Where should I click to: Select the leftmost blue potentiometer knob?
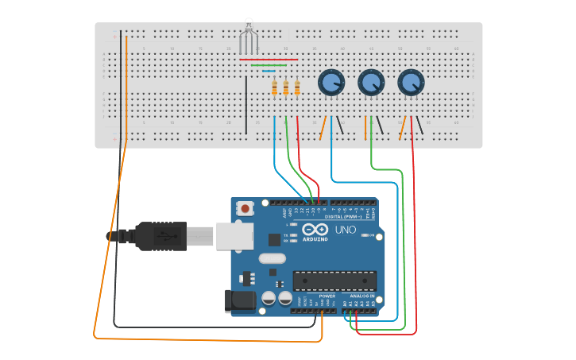click(331, 82)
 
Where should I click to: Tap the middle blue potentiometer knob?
click(371, 82)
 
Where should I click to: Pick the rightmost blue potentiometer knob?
click(410, 82)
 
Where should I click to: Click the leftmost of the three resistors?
click(275, 88)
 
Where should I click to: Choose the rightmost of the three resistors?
click(297, 88)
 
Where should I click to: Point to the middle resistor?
click(286, 88)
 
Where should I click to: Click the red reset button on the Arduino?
click(245, 209)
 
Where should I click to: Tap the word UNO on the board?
click(345, 230)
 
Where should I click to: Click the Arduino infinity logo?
click(315, 230)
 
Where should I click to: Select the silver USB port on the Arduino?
click(237, 236)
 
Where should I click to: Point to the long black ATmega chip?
click(334, 281)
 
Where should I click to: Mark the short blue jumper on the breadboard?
click(269, 71)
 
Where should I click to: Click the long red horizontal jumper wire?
click(269, 59)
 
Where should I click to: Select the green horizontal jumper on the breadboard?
click(269, 65)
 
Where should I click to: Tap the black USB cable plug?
click(160, 236)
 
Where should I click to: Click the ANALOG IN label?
click(361, 296)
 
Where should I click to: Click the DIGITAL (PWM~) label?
click(343, 216)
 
